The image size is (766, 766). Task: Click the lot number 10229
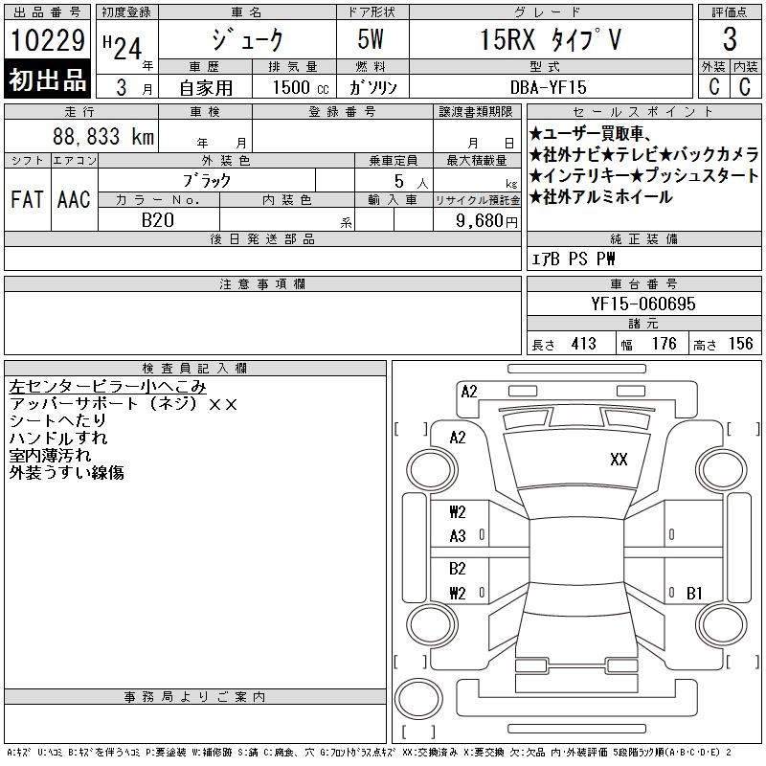tap(47, 40)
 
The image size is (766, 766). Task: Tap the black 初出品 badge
tap(47, 79)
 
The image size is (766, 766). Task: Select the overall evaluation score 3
tap(730, 39)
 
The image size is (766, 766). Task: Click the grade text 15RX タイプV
tap(551, 39)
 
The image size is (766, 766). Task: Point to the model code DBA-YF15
tap(548, 87)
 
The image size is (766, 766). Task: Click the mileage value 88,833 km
tap(103, 137)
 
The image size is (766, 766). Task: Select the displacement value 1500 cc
tap(301, 87)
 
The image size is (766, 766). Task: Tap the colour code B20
tap(158, 220)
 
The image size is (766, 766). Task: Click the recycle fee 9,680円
tap(486, 221)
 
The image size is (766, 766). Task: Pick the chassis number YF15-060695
tap(642, 304)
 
